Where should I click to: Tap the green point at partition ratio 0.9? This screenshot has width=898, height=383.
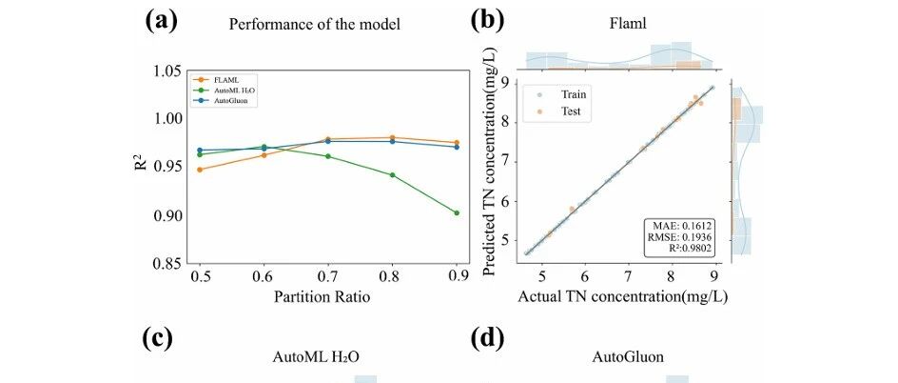457,213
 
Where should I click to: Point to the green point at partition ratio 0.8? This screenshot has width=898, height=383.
392,174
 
